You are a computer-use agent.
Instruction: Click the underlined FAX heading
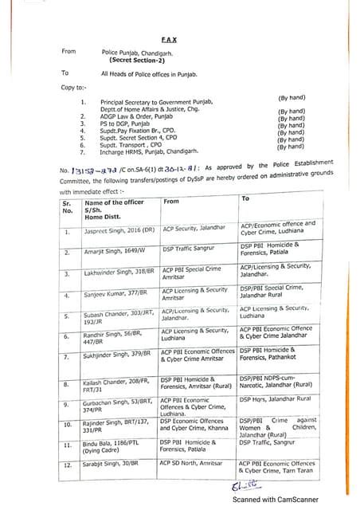click(168, 38)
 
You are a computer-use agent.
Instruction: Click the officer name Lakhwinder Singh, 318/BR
click(119, 273)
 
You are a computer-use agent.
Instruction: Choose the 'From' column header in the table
click(171, 202)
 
